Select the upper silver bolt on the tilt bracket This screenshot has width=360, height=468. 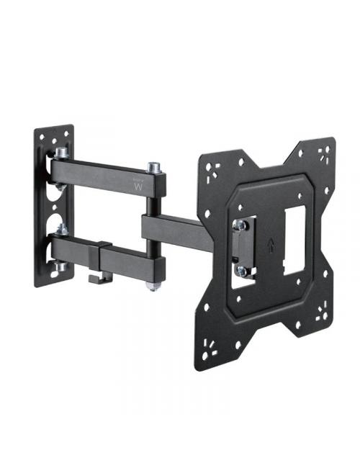coord(241,226)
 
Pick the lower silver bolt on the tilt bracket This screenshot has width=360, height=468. coord(243,271)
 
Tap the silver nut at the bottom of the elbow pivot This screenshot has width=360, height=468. coord(153,286)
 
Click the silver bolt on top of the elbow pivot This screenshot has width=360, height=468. coord(153,168)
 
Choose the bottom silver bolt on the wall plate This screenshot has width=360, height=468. coord(60,267)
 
